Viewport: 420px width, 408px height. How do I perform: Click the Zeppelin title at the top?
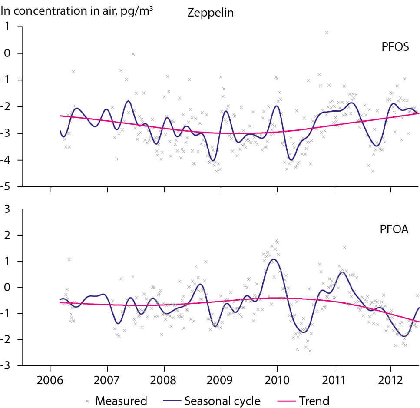210,12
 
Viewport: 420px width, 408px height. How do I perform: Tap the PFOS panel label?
395,47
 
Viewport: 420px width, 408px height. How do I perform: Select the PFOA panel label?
395,229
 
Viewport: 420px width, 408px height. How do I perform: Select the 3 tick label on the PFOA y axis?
20,209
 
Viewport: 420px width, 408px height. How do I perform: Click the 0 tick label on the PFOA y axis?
20,287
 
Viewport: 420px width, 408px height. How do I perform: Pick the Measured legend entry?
121,401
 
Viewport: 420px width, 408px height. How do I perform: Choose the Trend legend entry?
315,401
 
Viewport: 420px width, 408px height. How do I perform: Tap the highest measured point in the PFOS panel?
327,33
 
